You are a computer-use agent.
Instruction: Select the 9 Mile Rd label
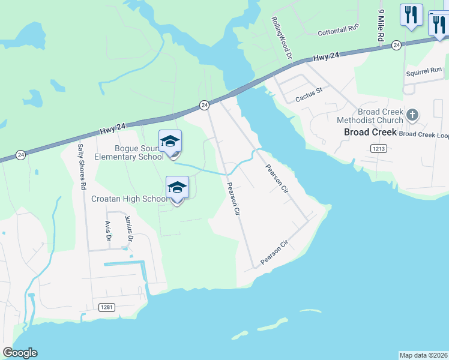tap(381, 25)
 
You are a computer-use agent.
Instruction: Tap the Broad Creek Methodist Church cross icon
tap(412, 114)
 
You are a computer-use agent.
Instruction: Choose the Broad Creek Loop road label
tap(424, 134)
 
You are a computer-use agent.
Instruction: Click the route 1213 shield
tap(378, 148)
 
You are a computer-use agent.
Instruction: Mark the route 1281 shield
tap(106, 307)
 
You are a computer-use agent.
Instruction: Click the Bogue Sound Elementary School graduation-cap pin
tap(170, 142)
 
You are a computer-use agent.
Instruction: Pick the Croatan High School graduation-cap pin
tap(178, 188)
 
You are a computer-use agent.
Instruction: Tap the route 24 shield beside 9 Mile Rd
tap(396, 45)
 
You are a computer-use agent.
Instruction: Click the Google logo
tap(20, 353)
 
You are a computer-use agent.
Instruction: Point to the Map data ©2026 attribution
tap(424, 355)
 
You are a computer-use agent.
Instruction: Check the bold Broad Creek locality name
tap(370, 131)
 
